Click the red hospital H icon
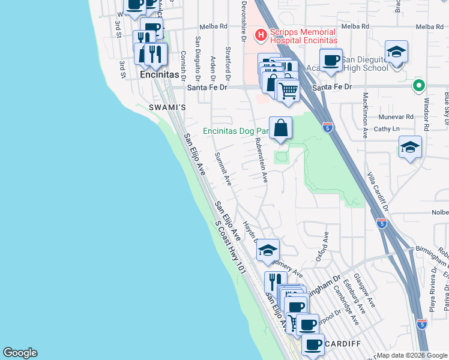click(x=261, y=35)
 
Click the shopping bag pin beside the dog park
click(x=280, y=128)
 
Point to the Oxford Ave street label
click(x=327, y=246)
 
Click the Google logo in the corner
click(x=20, y=353)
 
